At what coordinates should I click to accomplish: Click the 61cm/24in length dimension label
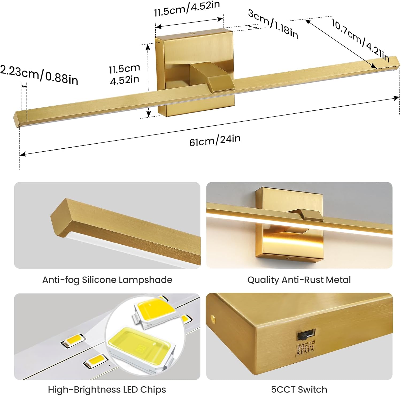point(215,140)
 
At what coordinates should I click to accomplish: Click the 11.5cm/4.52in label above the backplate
point(187,9)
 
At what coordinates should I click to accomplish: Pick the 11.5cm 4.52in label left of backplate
point(125,74)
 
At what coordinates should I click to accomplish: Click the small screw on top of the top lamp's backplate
point(191,34)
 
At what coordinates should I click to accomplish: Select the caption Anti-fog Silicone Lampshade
point(107,280)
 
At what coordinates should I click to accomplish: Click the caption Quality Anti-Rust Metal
point(299,280)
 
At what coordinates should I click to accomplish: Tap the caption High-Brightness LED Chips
point(107,389)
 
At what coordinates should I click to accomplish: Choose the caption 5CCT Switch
point(299,389)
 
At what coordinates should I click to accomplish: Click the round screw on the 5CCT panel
point(213,318)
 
